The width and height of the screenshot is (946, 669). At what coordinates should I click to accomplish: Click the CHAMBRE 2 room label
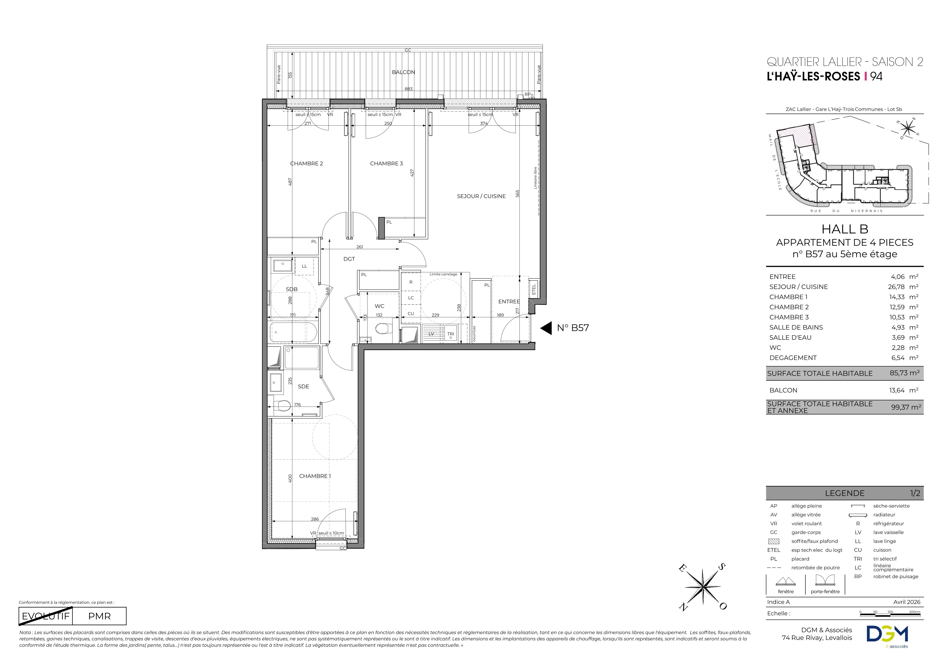pyautogui.click(x=307, y=164)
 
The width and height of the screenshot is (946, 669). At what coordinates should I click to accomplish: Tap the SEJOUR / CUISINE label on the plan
pyautogui.click(x=481, y=196)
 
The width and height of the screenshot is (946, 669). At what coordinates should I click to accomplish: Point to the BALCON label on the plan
pyautogui.click(x=403, y=72)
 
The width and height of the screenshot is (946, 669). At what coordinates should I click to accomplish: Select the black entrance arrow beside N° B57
pyautogui.click(x=546, y=328)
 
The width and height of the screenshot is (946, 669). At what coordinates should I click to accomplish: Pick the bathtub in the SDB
pyautogui.click(x=293, y=332)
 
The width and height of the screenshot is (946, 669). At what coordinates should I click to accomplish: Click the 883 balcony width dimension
pyautogui.click(x=408, y=89)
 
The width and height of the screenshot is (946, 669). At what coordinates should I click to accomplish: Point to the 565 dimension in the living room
pyautogui.click(x=518, y=193)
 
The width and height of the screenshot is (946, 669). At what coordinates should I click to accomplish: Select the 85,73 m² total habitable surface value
pyautogui.click(x=905, y=373)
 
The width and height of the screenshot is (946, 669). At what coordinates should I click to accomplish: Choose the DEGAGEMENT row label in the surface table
pyautogui.click(x=793, y=358)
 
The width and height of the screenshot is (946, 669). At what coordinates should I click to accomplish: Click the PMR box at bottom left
pyautogui.click(x=99, y=616)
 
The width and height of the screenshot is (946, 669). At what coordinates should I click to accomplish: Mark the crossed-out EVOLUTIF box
pyautogui.click(x=46, y=616)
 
